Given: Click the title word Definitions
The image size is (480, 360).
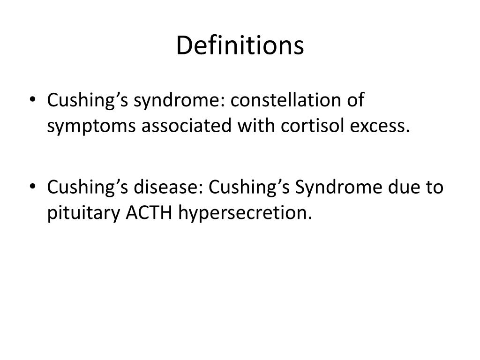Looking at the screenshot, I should click(240, 46).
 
